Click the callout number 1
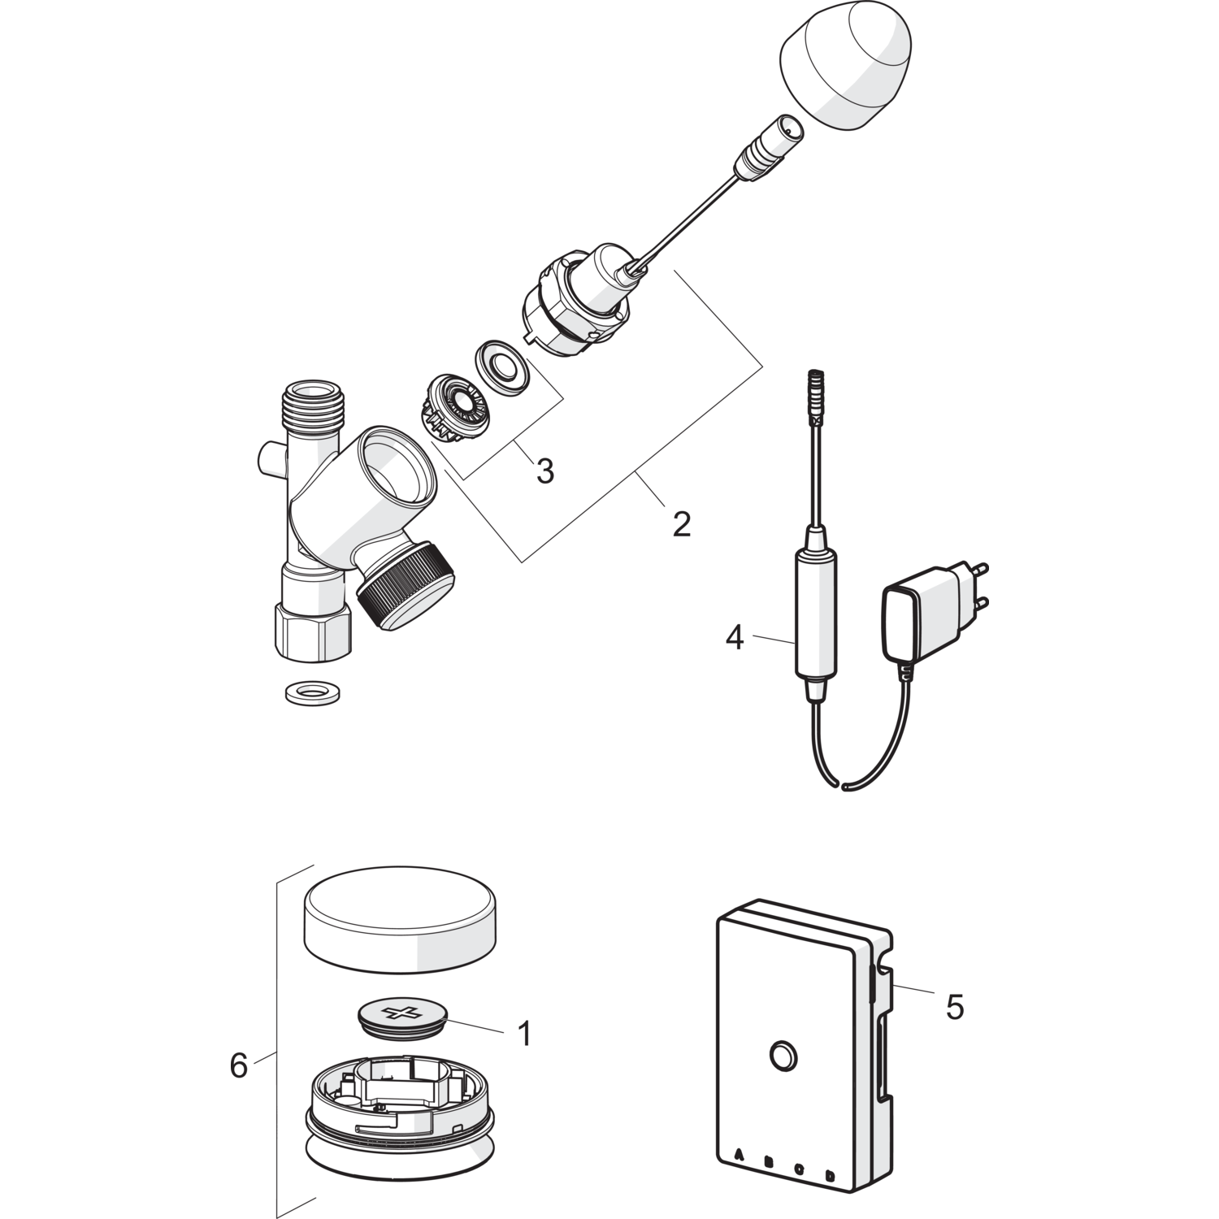tap(524, 1034)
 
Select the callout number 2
tap(681, 524)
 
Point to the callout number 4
tap(735, 638)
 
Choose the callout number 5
tap(955, 1008)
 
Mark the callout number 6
tap(238, 1065)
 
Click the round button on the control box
tap(783, 1056)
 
